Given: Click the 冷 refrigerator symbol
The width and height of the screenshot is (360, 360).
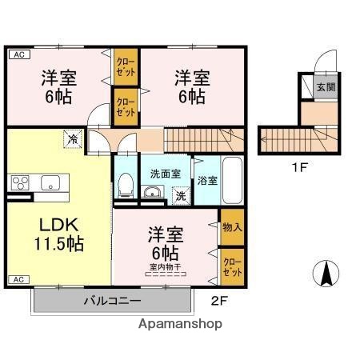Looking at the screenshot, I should click(x=73, y=139).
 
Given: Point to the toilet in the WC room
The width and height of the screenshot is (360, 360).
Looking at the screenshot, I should click(x=125, y=186).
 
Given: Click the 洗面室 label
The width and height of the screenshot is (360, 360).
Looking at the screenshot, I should click(x=165, y=174).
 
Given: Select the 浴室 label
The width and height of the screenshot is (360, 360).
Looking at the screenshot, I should click(x=206, y=181).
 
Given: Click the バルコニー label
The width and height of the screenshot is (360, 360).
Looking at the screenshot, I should click(x=112, y=302).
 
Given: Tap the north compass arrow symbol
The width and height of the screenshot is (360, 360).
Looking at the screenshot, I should click(x=326, y=275).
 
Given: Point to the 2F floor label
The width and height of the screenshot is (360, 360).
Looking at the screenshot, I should click(x=219, y=302).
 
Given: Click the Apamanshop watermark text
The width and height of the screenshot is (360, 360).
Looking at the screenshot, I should click(x=180, y=324).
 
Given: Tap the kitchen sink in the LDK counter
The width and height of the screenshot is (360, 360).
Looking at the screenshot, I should click(x=49, y=182).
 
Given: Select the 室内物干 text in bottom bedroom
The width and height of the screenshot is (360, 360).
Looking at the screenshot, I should click(x=164, y=267).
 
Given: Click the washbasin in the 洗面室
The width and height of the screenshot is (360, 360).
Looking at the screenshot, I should click(x=153, y=191).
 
